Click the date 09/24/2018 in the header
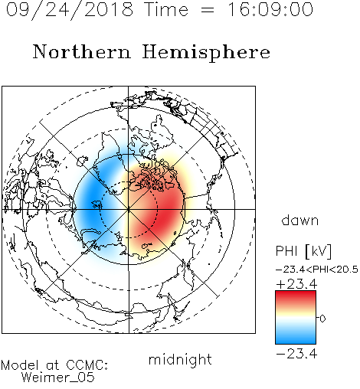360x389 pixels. pyautogui.click(x=70, y=10)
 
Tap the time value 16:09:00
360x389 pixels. pyautogui.click(x=270, y=9)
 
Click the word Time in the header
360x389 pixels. pyautogui.click(x=166, y=9)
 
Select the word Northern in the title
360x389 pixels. pyautogui.click(x=82, y=51)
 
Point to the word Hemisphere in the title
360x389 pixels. pyautogui.click(x=206, y=53)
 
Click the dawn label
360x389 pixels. pyautogui.click(x=300, y=220)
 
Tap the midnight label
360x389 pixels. pyautogui.click(x=180, y=359)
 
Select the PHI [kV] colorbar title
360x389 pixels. pyautogui.click(x=303, y=251)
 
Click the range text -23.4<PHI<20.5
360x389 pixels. pyautogui.click(x=317, y=270)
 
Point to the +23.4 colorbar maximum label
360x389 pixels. pyautogui.click(x=296, y=284)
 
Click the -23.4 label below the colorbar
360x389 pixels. pyautogui.click(x=296, y=354)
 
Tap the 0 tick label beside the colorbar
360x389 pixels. pyautogui.click(x=322, y=319)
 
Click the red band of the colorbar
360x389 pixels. pyautogui.click(x=296, y=297)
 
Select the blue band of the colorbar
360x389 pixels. pyautogui.click(x=296, y=337)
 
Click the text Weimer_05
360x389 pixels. pyautogui.click(x=57, y=378)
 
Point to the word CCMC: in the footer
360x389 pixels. pyautogui.click(x=87, y=365)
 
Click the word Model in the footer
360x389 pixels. pyautogui.click(x=20, y=365)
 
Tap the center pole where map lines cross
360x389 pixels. pyautogui.click(x=129, y=209)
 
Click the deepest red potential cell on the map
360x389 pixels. pyautogui.click(x=167, y=213)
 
